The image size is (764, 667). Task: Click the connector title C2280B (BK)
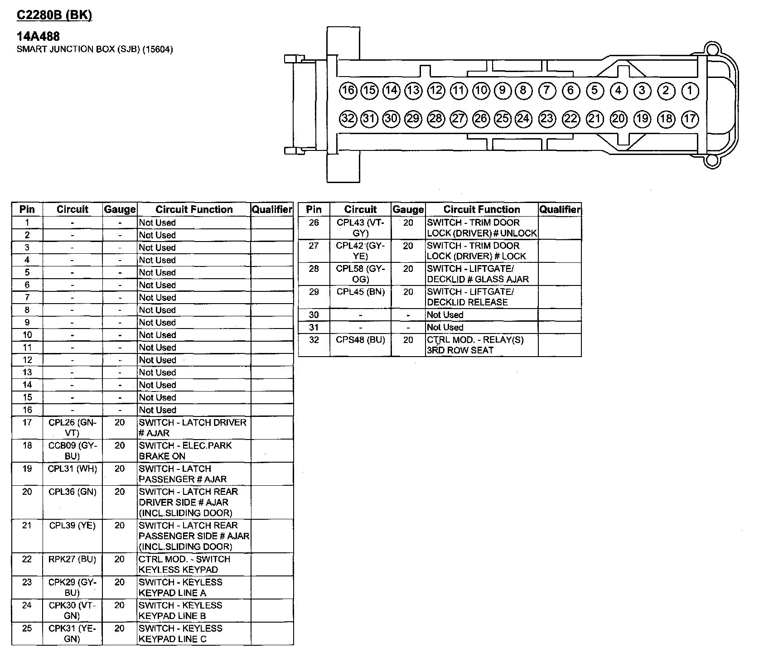tap(54, 15)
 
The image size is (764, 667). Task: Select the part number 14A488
tap(38, 36)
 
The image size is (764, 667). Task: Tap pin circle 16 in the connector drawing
tap(348, 91)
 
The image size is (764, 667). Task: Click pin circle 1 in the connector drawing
tap(690, 91)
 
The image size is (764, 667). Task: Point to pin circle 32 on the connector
tap(348, 119)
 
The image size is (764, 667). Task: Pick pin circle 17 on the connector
tap(690, 119)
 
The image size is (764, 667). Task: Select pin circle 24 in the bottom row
tap(523, 119)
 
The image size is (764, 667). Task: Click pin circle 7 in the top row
tap(547, 91)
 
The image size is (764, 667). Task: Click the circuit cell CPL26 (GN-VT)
tap(73, 427)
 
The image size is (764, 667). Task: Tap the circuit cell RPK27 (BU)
tap(73, 559)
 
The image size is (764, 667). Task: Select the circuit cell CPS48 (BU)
tap(360, 340)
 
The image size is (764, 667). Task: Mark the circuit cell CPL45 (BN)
tap(360, 292)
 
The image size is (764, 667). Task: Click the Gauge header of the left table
tap(120, 209)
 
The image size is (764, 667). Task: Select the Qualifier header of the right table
tap(560, 209)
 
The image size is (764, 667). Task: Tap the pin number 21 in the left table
tap(27, 526)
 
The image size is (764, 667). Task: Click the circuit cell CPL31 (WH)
tap(73, 469)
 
